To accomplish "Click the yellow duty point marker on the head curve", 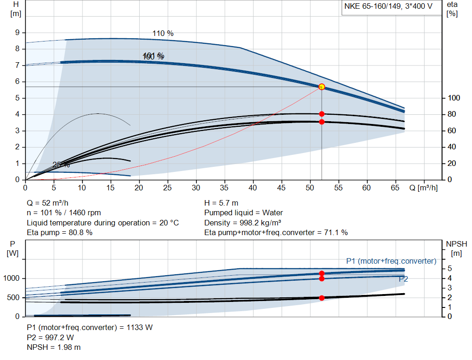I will tap(322, 87).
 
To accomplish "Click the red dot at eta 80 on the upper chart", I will tap(322, 114).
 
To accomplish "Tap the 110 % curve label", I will tap(163, 34).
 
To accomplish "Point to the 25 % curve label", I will tap(61, 165).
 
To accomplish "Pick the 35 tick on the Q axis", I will tap(225, 188).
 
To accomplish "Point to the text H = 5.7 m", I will tap(221, 203).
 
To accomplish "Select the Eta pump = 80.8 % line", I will tap(59, 233).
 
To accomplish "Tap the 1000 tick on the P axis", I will tap(11, 278).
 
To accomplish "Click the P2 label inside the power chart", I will tap(403, 279).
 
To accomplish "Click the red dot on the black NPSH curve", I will tap(322, 298).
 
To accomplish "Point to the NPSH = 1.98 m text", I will tap(53, 347).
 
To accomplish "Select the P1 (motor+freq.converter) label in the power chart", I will tap(391, 261).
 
